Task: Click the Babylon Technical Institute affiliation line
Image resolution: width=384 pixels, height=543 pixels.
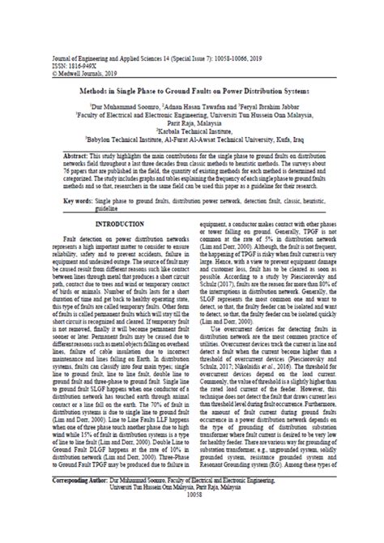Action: [x=193, y=137]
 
